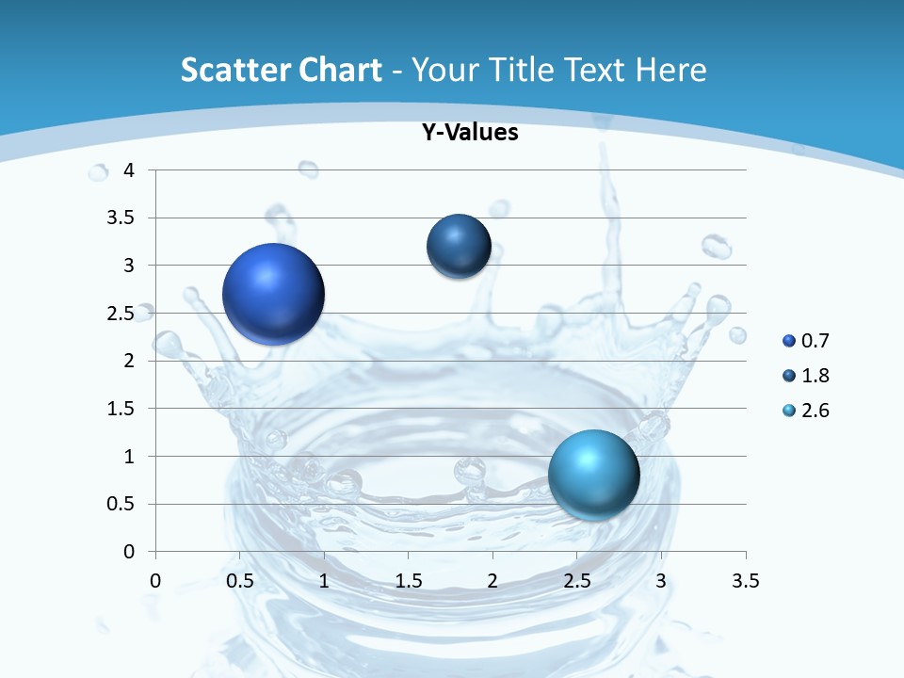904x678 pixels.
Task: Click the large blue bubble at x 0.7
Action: pyautogui.click(x=274, y=294)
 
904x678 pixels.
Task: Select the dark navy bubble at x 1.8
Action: pyautogui.click(x=459, y=247)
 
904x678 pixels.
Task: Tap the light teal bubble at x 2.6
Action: pyautogui.click(x=593, y=475)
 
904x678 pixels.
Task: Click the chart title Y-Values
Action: pyautogui.click(x=470, y=133)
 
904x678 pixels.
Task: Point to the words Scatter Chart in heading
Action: pyautogui.click(x=282, y=70)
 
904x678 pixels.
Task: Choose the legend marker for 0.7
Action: pyautogui.click(x=789, y=341)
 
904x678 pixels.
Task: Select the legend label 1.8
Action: pyautogui.click(x=815, y=376)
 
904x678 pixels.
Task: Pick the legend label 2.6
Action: pyautogui.click(x=815, y=411)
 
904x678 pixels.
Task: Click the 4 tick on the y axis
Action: pyautogui.click(x=129, y=170)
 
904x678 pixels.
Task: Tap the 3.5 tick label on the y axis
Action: pyautogui.click(x=121, y=218)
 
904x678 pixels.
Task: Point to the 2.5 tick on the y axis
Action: pyautogui.click(x=121, y=314)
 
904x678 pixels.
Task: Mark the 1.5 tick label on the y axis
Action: pyautogui.click(x=121, y=409)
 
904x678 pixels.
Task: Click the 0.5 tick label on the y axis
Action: pyautogui.click(x=121, y=504)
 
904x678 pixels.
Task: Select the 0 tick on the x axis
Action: pyautogui.click(x=155, y=580)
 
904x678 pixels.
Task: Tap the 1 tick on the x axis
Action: pyautogui.click(x=324, y=580)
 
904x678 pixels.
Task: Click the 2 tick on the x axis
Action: pyautogui.click(x=492, y=580)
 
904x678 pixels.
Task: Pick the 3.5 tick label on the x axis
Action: pyautogui.click(x=745, y=580)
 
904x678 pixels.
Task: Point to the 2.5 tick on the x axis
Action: pyautogui.click(x=576, y=580)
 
